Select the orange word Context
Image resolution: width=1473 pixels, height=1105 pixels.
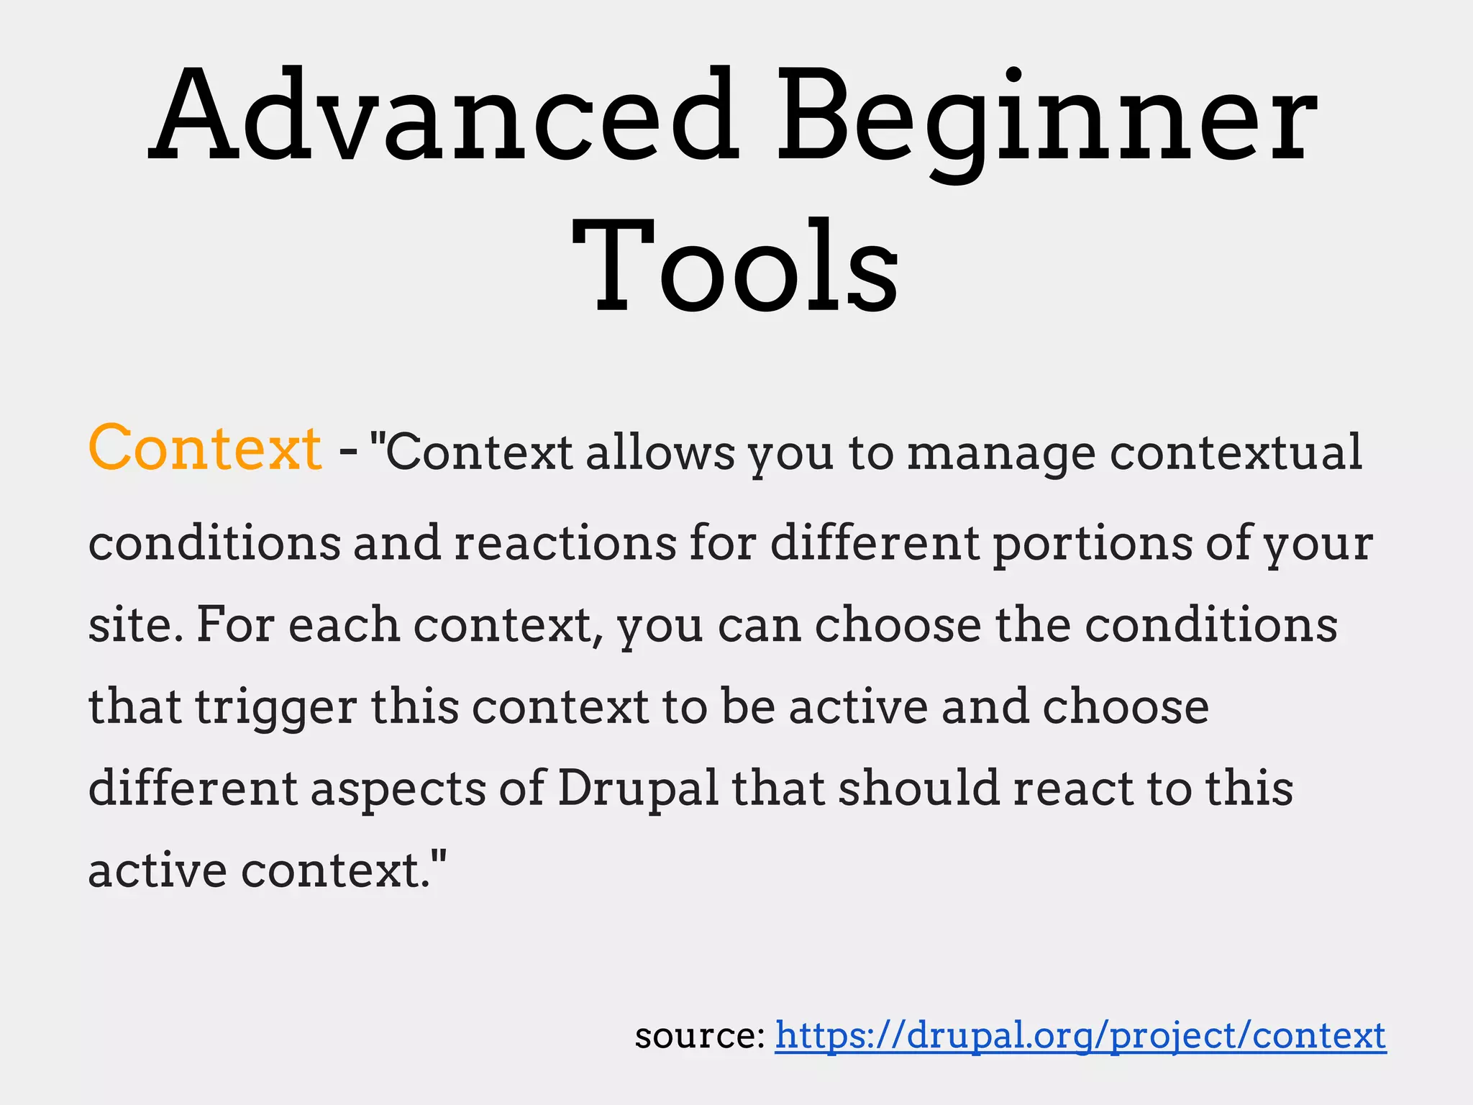205,449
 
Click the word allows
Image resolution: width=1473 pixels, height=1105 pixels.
660,453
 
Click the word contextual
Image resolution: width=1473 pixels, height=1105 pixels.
1236,453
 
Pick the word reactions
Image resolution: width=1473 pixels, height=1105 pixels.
565,543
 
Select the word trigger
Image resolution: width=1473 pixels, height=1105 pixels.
276,708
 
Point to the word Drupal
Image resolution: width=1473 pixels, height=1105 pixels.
638,790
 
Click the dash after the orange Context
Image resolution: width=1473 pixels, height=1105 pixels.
347,453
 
